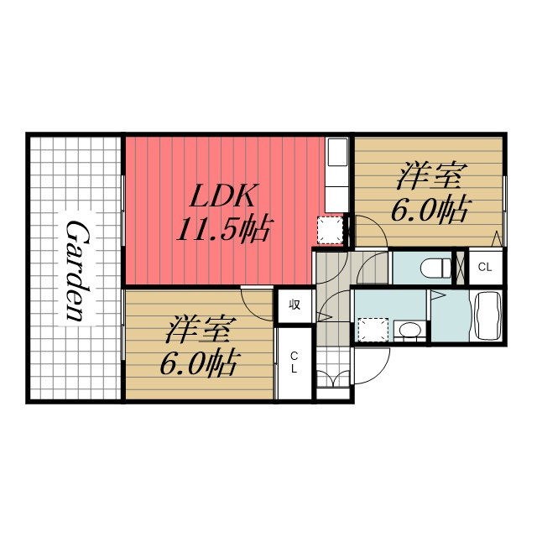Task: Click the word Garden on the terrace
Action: [x=76, y=270]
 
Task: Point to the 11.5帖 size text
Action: [x=225, y=229]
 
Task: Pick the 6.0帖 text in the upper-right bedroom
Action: [x=429, y=211]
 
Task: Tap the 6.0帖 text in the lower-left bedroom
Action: [x=198, y=363]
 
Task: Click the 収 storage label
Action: [x=295, y=305]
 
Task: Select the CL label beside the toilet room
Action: [x=485, y=267]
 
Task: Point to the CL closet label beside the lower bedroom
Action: [x=294, y=362]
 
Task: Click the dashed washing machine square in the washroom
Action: [x=373, y=330]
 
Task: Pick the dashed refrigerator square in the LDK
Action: [x=330, y=230]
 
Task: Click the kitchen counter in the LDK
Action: [x=336, y=175]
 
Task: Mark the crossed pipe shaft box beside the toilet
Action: [x=460, y=268]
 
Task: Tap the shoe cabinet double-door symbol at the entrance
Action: [x=333, y=378]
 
